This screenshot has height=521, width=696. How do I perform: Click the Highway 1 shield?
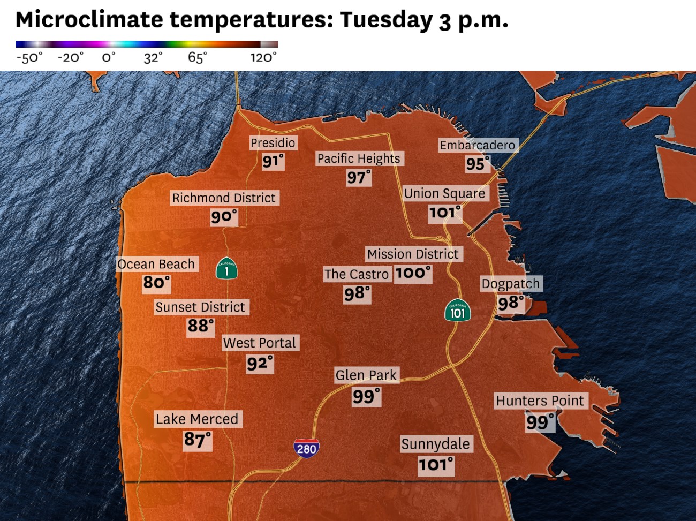[226, 268]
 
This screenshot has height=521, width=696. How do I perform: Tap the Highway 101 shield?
[457, 311]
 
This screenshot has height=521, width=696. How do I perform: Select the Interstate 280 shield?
[306, 448]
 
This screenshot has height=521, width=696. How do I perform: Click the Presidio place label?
[273, 143]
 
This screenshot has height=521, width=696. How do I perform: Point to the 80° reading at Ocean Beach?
[156, 282]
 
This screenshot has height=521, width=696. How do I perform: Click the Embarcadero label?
[477, 145]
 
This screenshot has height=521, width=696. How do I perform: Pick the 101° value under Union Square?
[445, 213]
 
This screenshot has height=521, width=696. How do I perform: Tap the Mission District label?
[413, 254]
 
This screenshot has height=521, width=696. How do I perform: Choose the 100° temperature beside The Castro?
[413, 273]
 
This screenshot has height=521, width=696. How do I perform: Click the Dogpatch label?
[511, 284]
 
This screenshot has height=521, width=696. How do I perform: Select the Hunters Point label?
[540, 401]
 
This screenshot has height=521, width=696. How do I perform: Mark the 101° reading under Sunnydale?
[436, 465]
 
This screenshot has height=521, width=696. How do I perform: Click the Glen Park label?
[366, 375]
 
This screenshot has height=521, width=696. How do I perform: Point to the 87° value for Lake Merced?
[198, 440]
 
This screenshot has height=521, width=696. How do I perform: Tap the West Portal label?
[260, 343]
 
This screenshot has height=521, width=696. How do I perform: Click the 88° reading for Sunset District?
[201, 326]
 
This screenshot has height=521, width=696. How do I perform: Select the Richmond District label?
[224, 198]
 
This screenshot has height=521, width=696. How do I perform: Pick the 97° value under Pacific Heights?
[359, 177]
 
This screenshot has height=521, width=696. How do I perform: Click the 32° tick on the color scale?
[153, 57]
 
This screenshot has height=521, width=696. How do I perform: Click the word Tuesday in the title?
[385, 20]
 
